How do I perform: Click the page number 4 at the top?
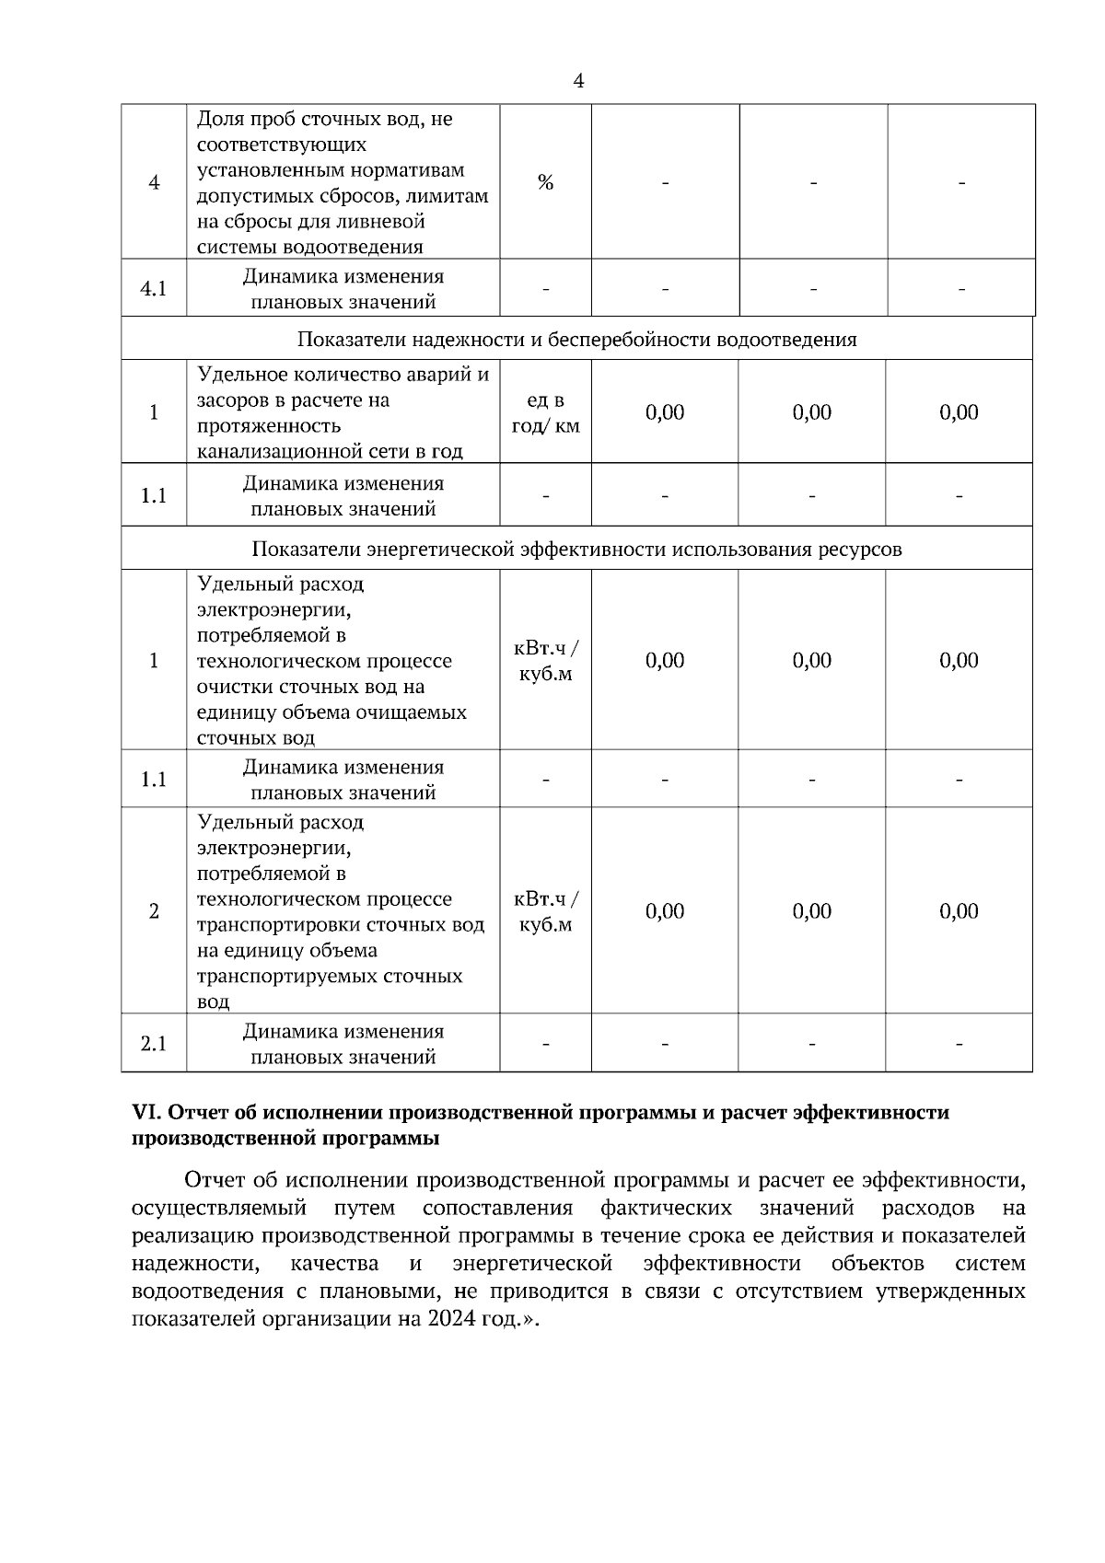point(577,82)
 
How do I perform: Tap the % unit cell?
point(545,182)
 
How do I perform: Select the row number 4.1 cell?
point(154,289)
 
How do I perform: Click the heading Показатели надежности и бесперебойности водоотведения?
point(576,340)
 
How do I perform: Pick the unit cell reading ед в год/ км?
point(545,413)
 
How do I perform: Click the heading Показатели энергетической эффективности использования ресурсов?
point(576,550)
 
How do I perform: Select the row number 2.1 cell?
point(154,1044)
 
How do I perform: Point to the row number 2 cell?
point(154,911)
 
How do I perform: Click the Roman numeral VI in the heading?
point(147,1113)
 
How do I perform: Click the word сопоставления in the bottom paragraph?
point(497,1208)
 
